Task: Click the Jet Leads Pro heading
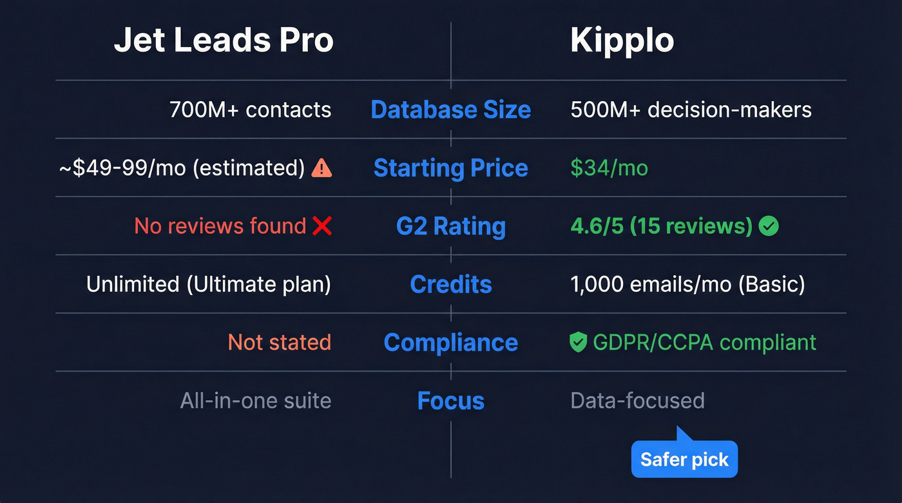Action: pyautogui.click(x=224, y=41)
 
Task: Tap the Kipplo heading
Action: pyautogui.click(x=622, y=41)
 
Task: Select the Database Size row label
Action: pyautogui.click(x=450, y=110)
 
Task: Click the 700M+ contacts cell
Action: pyautogui.click(x=250, y=110)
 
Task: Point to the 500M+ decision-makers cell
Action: pyautogui.click(x=691, y=110)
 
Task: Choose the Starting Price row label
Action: pyautogui.click(x=450, y=168)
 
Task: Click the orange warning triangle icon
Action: pyautogui.click(x=321, y=168)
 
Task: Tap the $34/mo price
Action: pyautogui.click(x=609, y=168)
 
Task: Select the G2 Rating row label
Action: pyautogui.click(x=450, y=226)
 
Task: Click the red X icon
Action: pyautogui.click(x=321, y=226)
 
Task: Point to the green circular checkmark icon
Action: pyautogui.click(x=769, y=226)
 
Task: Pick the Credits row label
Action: pyautogui.click(x=450, y=284)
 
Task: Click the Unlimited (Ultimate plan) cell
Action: pyautogui.click(x=209, y=284)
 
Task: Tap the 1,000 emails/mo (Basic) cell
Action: pyautogui.click(x=687, y=284)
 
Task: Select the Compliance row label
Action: pyautogui.click(x=450, y=343)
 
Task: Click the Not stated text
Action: pyautogui.click(x=280, y=343)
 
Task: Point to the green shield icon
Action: pyautogui.click(x=579, y=343)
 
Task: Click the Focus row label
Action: pyautogui.click(x=450, y=401)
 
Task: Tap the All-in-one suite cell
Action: pyautogui.click(x=256, y=401)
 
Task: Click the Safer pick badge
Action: pyautogui.click(x=684, y=460)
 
